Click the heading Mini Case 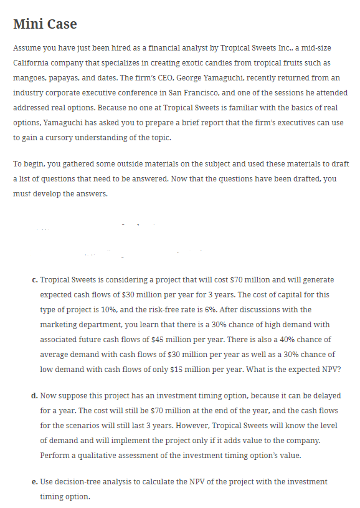(45, 24)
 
